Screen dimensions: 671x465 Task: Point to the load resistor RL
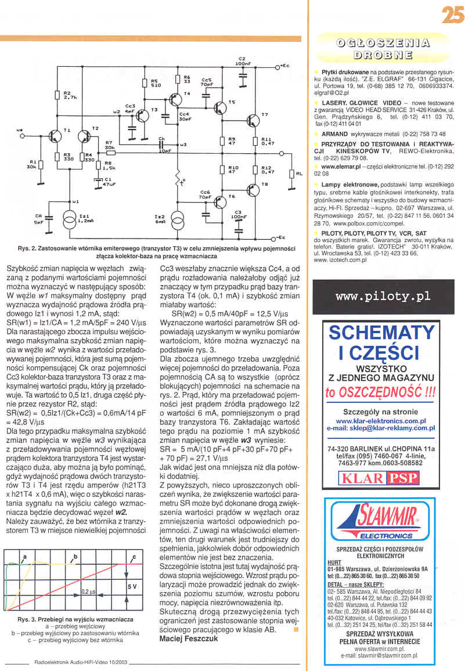tap(291, 174)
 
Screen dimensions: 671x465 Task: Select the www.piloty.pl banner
tap(383, 296)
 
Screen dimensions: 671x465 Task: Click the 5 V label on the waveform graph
tap(132, 587)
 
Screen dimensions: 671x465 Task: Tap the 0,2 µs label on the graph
tap(88, 592)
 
